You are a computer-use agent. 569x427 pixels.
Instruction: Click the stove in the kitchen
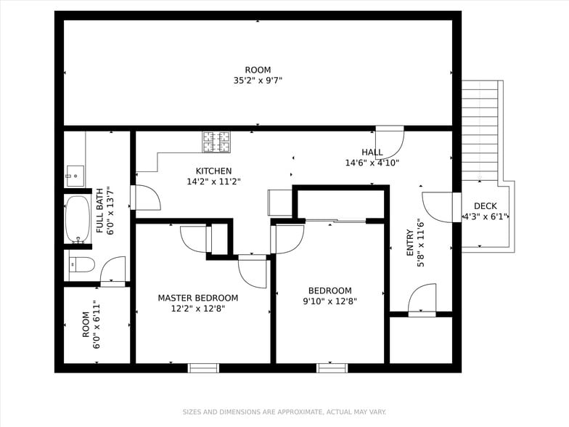point(216,142)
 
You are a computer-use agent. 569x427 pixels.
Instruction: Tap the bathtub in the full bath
point(78,219)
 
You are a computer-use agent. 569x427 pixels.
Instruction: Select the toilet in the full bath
point(81,264)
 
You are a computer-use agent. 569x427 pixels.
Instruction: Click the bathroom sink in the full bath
point(75,176)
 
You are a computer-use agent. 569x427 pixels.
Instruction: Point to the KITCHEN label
point(213,171)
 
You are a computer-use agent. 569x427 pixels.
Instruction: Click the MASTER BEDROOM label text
point(198,298)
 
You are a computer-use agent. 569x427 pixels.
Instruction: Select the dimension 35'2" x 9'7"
point(258,81)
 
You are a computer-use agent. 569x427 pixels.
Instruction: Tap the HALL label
point(372,152)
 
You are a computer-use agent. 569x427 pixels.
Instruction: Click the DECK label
point(486,206)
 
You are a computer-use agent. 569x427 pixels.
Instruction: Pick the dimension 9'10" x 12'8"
point(330,301)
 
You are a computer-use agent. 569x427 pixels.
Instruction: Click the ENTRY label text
point(410,243)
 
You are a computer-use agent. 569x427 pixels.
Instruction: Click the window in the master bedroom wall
point(203,368)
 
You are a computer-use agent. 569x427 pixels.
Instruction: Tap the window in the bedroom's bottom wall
point(332,368)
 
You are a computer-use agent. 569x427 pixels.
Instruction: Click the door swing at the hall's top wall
point(390,142)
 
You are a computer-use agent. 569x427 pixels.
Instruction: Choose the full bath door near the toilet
point(113,272)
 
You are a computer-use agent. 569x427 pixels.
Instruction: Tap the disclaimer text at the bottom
point(284,412)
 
